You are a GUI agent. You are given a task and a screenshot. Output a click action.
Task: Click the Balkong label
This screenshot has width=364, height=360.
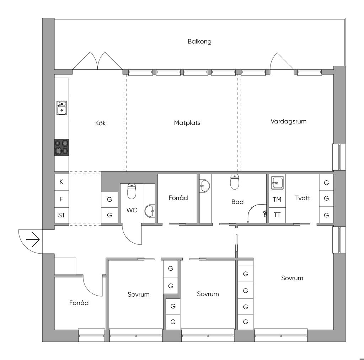click(x=199, y=42)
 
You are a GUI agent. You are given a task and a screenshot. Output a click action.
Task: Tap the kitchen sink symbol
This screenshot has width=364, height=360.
click(x=62, y=108)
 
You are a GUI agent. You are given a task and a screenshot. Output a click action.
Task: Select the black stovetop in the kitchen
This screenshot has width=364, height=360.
click(x=61, y=147)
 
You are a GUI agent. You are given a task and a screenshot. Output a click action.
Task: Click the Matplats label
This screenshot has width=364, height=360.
click(x=187, y=123)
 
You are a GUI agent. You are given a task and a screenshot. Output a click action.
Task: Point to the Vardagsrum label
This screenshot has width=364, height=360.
click(x=288, y=121)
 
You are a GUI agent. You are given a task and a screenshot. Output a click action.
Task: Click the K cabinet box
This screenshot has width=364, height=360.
click(x=61, y=182)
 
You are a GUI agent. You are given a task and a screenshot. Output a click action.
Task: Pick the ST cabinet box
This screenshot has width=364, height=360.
click(x=61, y=215)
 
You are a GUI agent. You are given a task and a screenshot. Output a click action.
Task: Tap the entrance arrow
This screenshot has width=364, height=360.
click(x=33, y=239)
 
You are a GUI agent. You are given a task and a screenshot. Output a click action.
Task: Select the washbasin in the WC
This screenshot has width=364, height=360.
click(x=150, y=211)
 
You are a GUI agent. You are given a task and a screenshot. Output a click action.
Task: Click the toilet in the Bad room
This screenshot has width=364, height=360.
click(x=235, y=182)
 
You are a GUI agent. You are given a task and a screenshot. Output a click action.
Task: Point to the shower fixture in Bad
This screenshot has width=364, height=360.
click(x=257, y=212)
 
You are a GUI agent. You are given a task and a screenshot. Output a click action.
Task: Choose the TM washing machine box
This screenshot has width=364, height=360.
click(x=277, y=200)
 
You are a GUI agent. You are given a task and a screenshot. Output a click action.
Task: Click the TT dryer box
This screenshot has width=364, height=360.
click(x=277, y=215)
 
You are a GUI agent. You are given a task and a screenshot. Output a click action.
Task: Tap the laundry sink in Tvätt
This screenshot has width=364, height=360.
click(x=277, y=183)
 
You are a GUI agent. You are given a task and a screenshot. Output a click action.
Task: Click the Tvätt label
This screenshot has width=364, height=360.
click(x=303, y=198)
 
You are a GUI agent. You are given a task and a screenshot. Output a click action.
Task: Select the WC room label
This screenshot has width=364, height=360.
click(x=132, y=210)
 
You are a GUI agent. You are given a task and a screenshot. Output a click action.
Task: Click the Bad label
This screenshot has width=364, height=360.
click(x=237, y=202)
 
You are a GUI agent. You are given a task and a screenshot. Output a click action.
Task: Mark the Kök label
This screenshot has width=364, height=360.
click(x=101, y=123)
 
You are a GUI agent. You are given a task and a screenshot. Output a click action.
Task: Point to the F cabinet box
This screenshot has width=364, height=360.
click(x=61, y=199)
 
